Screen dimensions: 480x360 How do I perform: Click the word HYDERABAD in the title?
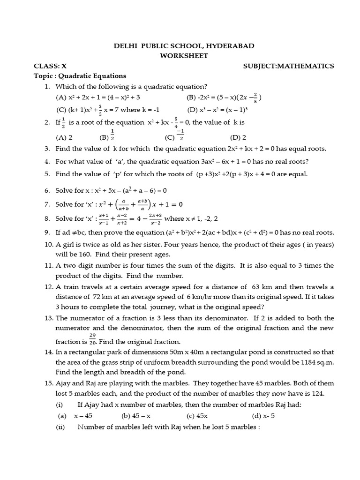pos(227,45)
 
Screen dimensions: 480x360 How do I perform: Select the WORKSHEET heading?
pos(180,56)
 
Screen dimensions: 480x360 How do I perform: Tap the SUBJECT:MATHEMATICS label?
pos(288,66)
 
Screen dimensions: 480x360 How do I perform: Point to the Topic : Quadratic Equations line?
pos(80,76)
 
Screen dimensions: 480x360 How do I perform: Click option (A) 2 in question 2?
pos(64,138)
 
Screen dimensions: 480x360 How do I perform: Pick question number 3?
pos(47,149)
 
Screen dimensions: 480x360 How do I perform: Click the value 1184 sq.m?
pos(316,362)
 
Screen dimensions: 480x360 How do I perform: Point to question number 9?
pos(47,232)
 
